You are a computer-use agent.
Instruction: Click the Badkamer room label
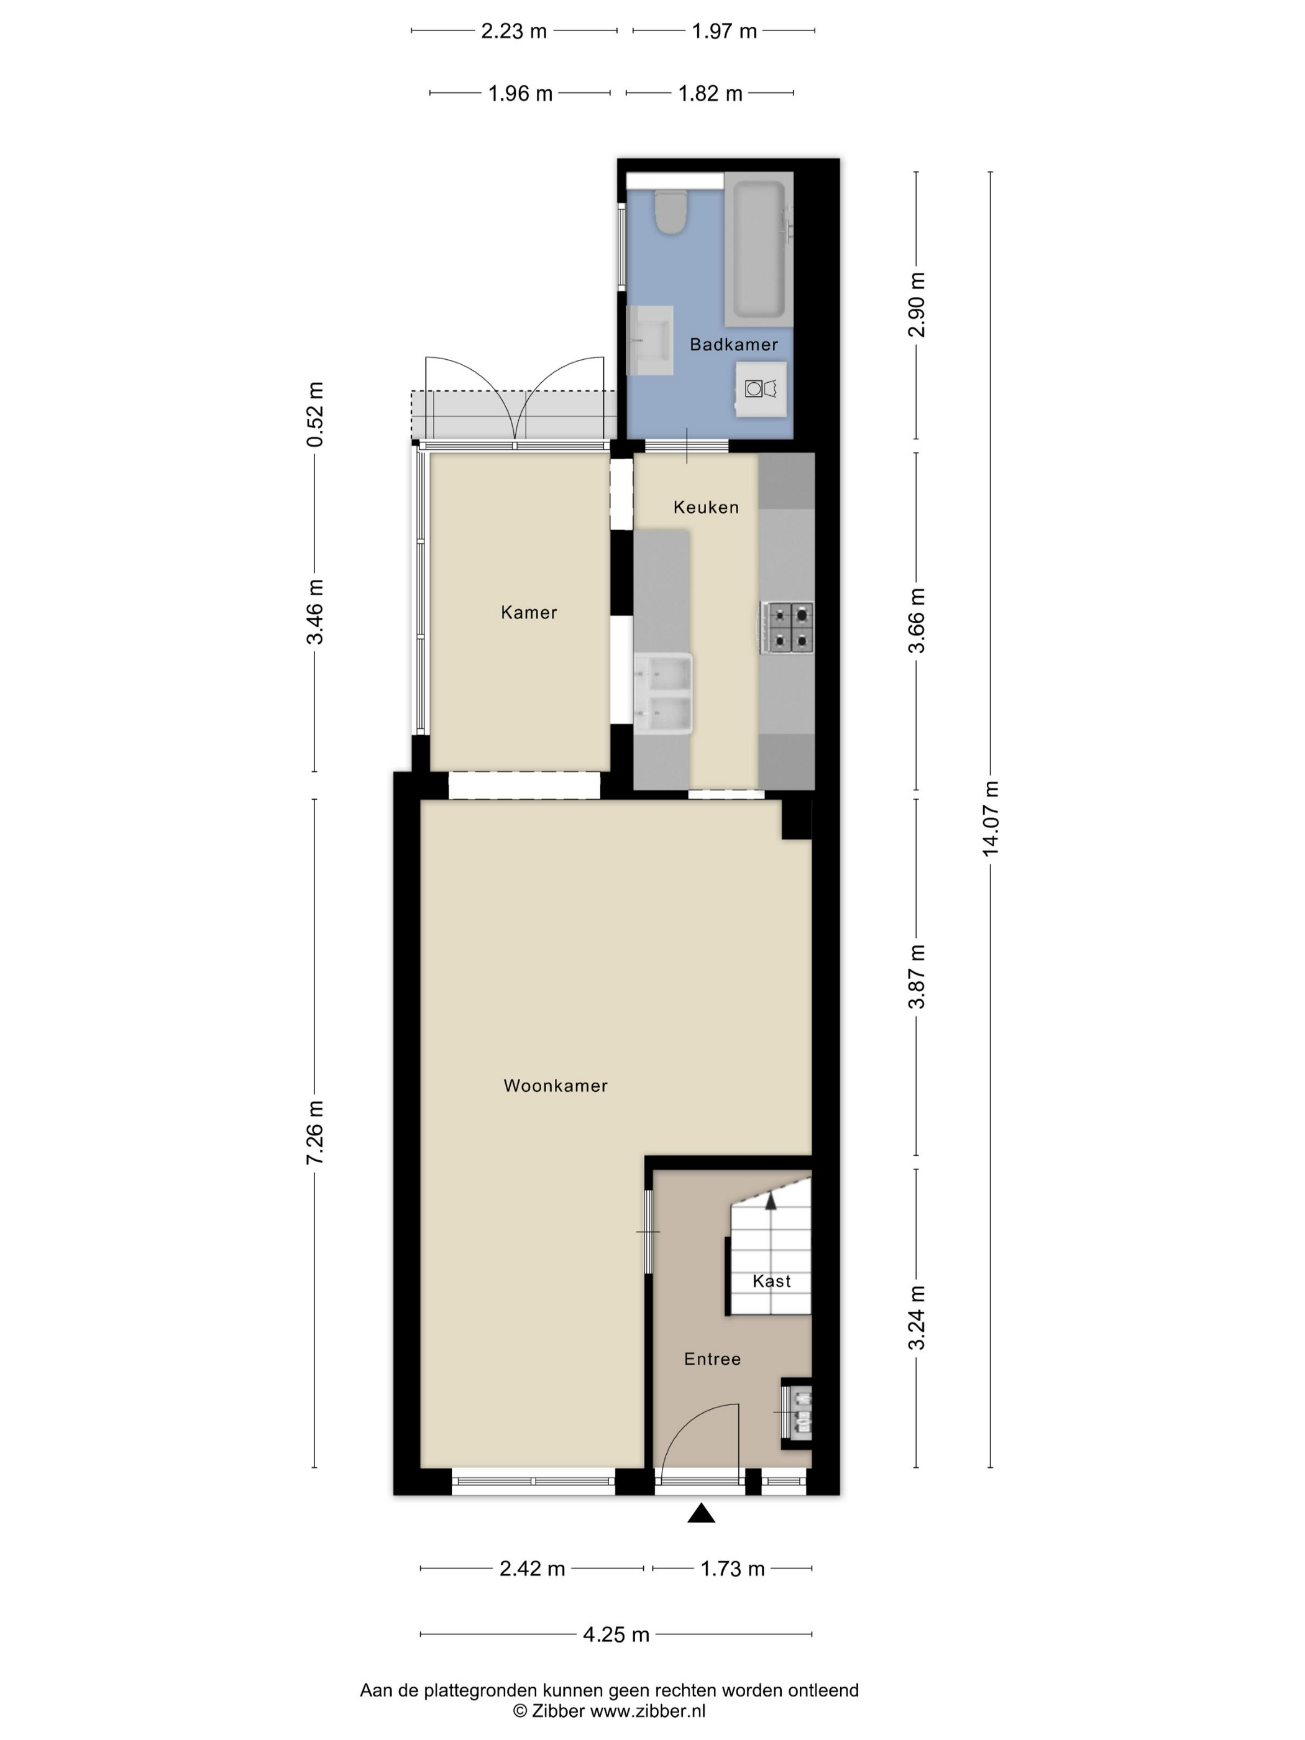pyautogui.click(x=733, y=344)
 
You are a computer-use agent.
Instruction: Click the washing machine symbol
pyautogui.click(x=761, y=388)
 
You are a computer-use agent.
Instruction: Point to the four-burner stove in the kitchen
pyautogui.click(x=787, y=627)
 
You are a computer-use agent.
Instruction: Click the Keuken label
pyautogui.click(x=705, y=507)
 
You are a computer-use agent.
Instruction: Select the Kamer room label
pyautogui.click(x=529, y=612)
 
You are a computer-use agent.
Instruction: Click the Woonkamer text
pyautogui.click(x=556, y=1086)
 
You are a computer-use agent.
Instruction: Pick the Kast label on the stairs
pyautogui.click(x=772, y=1281)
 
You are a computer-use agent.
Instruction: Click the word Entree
pyautogui.click(x=712, y=1358)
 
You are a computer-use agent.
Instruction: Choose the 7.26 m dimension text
pyautogui.click(x=314, y=1133)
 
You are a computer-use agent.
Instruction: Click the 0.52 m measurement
pyautogui.click(x=314, y=414)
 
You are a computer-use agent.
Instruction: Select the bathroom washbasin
pyautogui.click(x=650, y=340)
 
